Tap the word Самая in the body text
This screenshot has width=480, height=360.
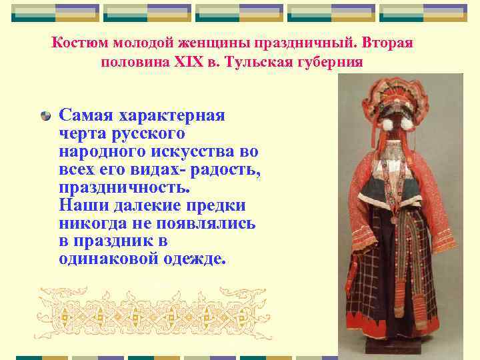coord(88,115)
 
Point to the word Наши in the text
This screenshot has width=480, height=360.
coord(81,205)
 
